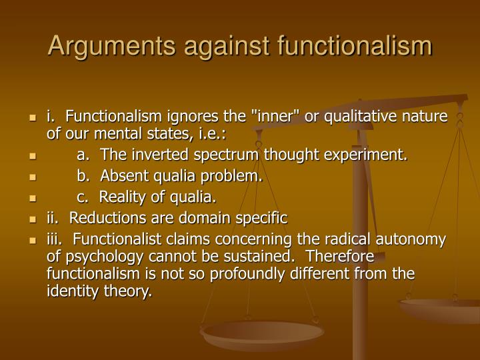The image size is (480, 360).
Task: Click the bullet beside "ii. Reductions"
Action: pyautogui.click(x=31, y=219)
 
